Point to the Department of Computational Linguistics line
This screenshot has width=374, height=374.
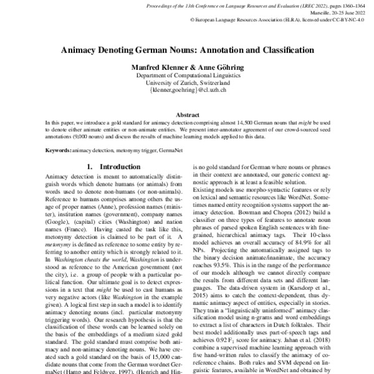(x=188, y=75)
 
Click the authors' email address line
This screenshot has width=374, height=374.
(x=188, y=90)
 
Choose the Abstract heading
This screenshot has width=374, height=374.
(x=188, y=114)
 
